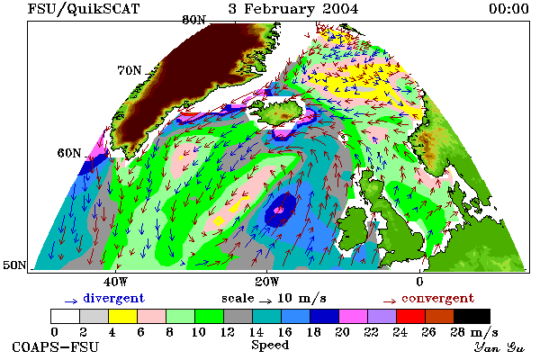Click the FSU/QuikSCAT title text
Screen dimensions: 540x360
click(x=84, y=8)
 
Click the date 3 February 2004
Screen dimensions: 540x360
click(x=293, y=8)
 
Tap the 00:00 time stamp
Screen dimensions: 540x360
click(x=509, y=8)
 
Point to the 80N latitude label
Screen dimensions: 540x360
click(x=193, y=20)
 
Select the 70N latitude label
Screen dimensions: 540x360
click(x=130, y=70)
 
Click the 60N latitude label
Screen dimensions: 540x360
click(x=69, y=153)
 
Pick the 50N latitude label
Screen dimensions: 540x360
click(x=14, y=265)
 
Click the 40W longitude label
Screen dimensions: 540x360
click(x=115, y=282)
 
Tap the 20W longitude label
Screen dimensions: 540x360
click(x=267, y=282)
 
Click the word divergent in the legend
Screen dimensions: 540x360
click(x=114, y=298)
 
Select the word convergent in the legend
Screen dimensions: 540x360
click(x=438, y=298)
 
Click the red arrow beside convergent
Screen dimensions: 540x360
click(x=390, y=301)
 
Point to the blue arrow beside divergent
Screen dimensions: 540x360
click(x=71, y=301)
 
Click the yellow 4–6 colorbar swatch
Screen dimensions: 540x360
click(x=123, y=316)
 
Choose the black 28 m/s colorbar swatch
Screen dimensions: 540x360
click(x=472, y=316)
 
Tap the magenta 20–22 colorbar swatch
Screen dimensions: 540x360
click(x=354, y=316)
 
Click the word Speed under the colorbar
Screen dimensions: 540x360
click(x=270, y=346)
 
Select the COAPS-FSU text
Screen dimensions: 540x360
click(x=56, y=346)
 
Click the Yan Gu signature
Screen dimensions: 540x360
click(x=499, y=347)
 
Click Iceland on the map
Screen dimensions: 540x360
click(x=280, y=112)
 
